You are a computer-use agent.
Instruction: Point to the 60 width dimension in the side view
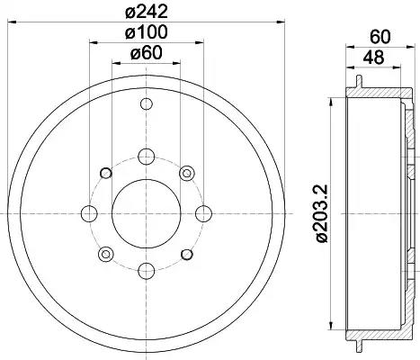tap(379, 38)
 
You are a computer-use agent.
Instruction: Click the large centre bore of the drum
tap(146, 213)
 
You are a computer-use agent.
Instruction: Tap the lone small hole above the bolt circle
tap(146, 106)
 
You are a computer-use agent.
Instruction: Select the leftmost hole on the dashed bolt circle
tap(89, 213)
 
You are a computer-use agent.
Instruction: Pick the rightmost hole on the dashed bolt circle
tap(203, 213)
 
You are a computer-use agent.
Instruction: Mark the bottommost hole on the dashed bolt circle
tap(146, 270)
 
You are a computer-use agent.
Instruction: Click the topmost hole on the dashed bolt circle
tap(146, 156)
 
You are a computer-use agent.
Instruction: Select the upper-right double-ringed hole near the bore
tap(186, 173)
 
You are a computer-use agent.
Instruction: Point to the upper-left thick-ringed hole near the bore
tap(105, 173)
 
